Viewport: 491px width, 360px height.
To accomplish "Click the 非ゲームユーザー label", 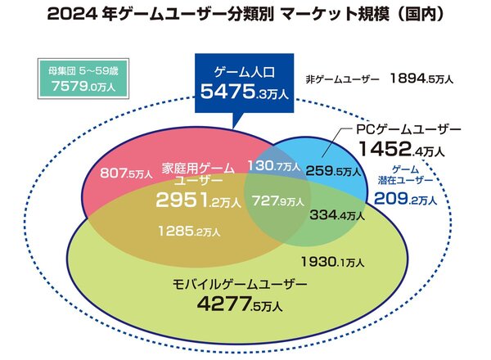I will pos(341,79).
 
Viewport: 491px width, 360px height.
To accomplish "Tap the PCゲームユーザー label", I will pos(409,130).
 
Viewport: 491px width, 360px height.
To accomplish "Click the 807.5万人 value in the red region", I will pos(120,173).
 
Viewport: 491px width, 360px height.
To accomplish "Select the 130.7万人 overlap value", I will pos(275,166).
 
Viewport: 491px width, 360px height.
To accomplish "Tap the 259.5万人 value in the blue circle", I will pos(333,172).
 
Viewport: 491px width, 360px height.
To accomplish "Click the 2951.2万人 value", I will pos(199,200).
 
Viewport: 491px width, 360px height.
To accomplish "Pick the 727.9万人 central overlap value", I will pos(279,200).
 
